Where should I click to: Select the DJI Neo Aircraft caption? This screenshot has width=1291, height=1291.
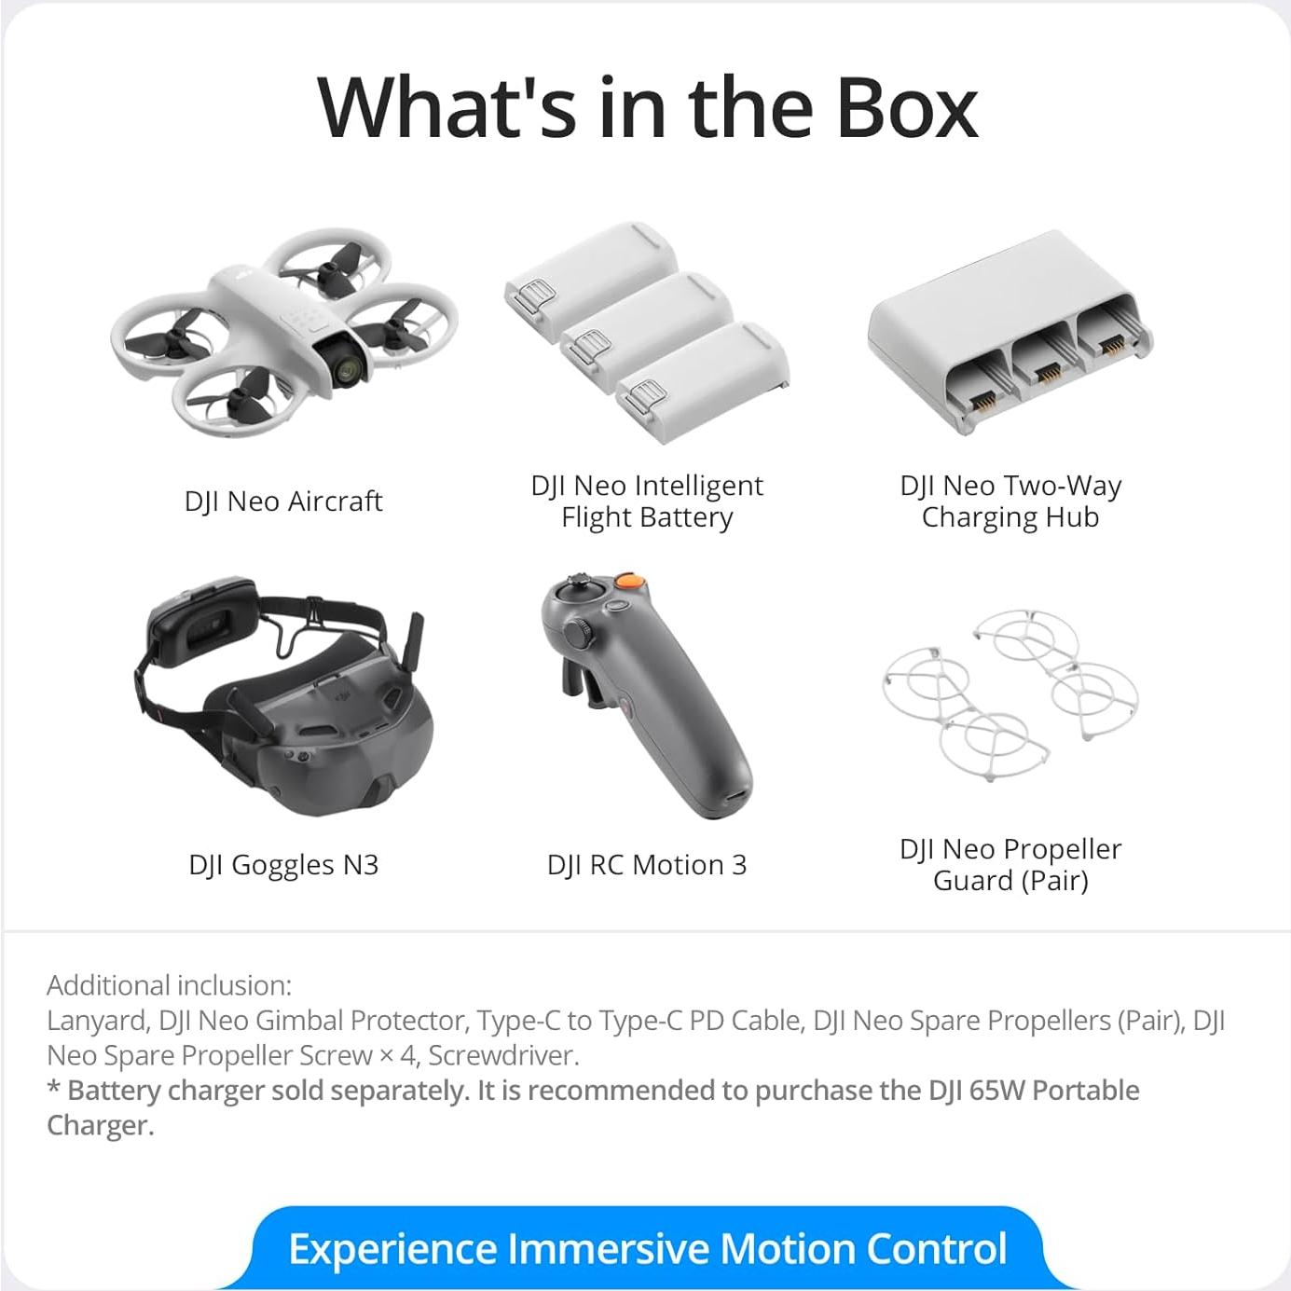click(282, 501)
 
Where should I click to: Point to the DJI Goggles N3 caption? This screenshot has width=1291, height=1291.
click(283, 865)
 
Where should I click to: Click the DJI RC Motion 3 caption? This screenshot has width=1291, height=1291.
click(647, 865)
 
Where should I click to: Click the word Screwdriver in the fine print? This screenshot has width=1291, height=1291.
click(503, 1056)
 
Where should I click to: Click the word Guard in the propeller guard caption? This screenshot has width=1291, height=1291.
click(973, 880)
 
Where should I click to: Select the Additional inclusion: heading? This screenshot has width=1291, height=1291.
click(170, 985)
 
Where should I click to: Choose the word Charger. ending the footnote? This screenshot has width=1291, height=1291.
click(101, 1125)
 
